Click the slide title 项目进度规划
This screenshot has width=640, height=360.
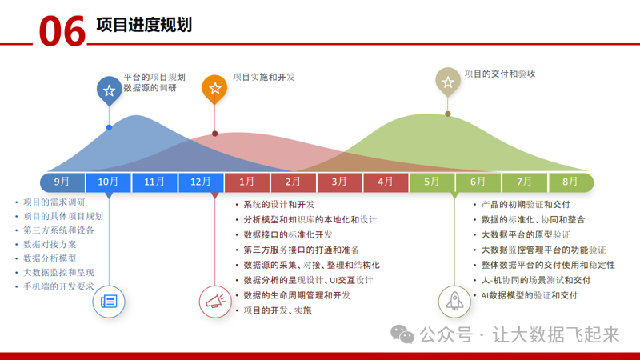coord(143,25)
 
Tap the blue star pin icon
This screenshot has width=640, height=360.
coord(109,90)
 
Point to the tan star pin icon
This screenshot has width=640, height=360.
coord(448,82)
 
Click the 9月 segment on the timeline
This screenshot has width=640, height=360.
coord(62,182)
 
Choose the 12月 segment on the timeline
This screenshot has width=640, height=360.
coord(202,182)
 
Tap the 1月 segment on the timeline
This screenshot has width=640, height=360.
coord(247,182)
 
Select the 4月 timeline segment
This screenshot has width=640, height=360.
coord(386,182)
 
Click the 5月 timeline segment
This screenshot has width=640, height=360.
coord(432,182)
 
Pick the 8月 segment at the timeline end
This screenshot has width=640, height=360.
coord(570,182)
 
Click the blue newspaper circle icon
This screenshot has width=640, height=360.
coord(109,302)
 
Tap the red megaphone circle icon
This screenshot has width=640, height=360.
coord(214,302)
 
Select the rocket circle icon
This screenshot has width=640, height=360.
coord(454,302)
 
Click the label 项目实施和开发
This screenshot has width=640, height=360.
coord(264,78)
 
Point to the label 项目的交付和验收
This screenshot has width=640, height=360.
coord(500,74)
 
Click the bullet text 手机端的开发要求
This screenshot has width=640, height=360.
coord(59,286)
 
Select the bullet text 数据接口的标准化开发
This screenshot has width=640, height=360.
coord(288,234)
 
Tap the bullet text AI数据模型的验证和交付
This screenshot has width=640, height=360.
coord(529,295)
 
